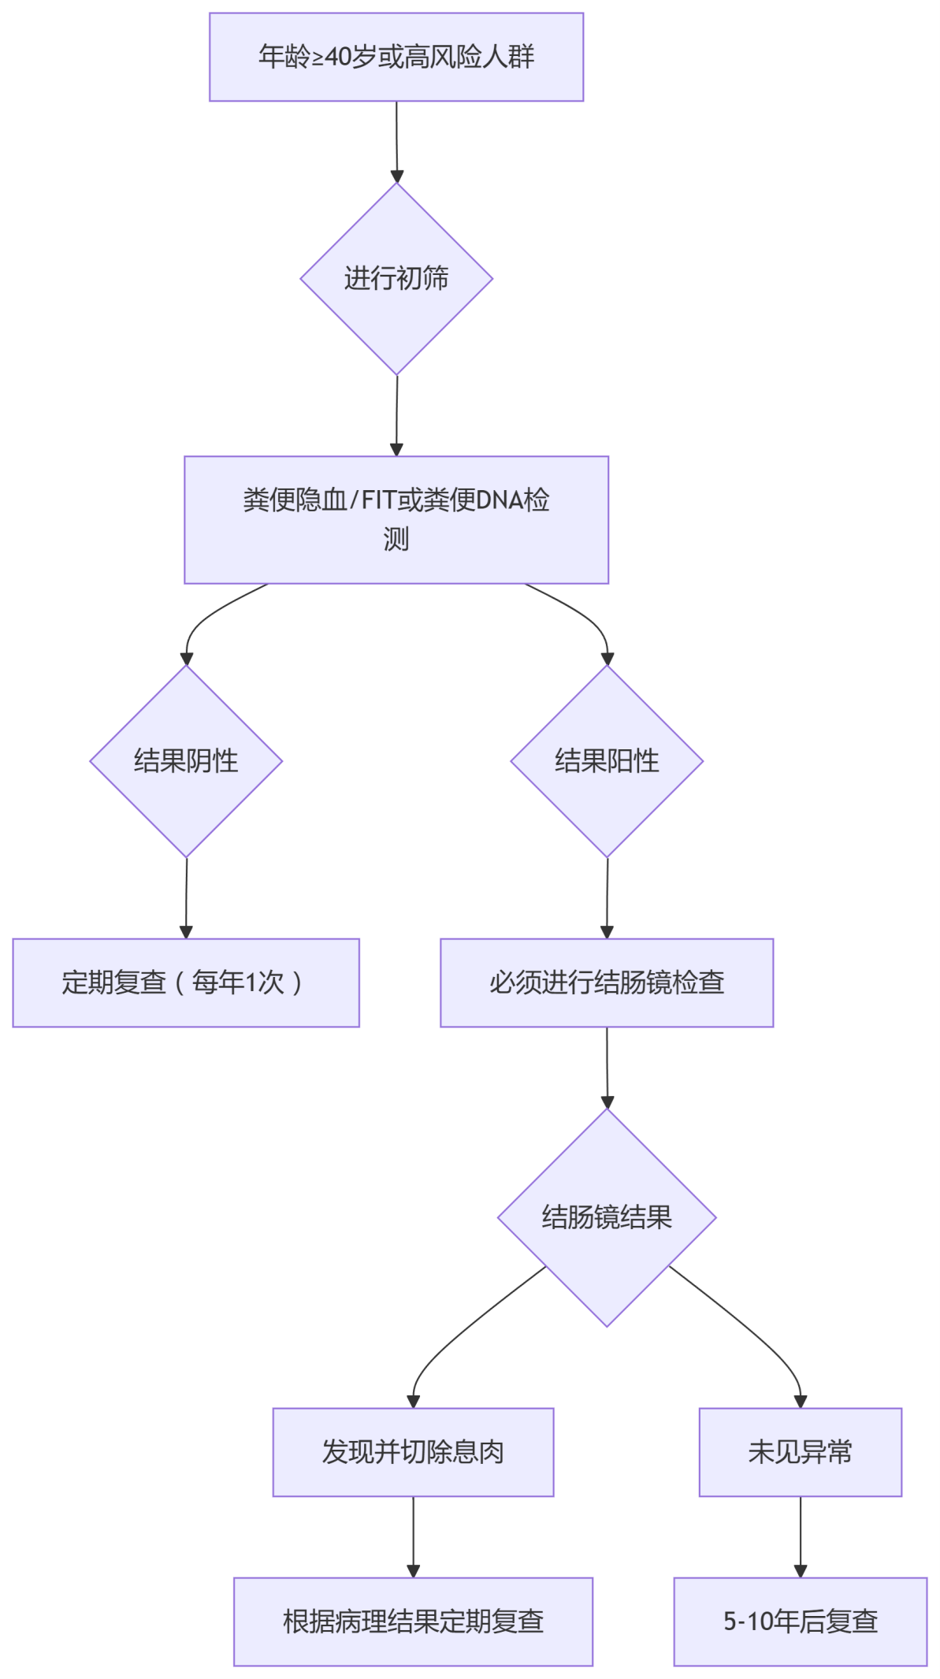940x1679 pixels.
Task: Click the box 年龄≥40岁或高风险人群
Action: tap(396, 57)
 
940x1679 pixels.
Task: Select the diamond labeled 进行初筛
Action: tap(396, 279)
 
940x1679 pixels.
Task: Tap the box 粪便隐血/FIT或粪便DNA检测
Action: tap(396, 519)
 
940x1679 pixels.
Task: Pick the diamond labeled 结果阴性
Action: tap(186, 761)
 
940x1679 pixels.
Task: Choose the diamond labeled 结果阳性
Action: tap(607, 761)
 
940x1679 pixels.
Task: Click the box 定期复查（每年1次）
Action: tap(186, 983)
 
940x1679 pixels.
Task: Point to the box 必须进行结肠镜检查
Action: tap(607, 983)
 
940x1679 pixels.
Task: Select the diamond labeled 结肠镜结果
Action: tap(607, 1217)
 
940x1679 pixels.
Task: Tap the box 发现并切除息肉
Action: tap(413, 1452)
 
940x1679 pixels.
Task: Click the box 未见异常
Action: tap(801, 1452)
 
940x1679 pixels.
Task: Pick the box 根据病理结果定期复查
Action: tap(413, 1621)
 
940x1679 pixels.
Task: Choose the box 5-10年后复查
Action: tap(801, 1621)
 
